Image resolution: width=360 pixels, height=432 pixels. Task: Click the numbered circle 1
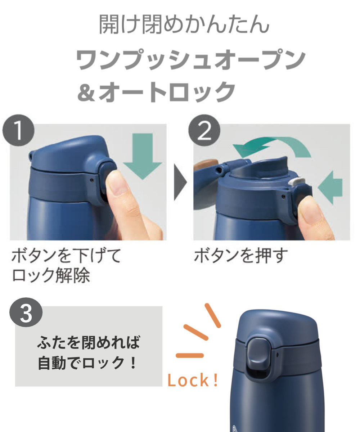[x=18, y=130]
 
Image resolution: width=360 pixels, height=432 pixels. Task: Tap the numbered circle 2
[x=204, y=130]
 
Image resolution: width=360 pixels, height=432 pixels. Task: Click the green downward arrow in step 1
[x=142, y=156]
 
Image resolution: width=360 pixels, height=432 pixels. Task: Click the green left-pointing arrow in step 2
[x=330, y=188]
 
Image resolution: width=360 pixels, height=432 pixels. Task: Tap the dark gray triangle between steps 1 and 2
[x=180, y=182]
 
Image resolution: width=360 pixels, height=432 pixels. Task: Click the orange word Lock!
[x=192, y=380]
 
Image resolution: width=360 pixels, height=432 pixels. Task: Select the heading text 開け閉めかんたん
[x=184, y=24]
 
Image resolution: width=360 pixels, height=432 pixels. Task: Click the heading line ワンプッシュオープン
[x=191, y=60]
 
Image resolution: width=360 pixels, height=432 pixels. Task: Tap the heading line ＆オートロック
[x=156, y=92]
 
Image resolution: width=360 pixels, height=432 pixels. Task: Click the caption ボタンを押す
[x=241, y=256]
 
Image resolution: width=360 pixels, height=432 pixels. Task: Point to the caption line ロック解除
[x=51, y=275]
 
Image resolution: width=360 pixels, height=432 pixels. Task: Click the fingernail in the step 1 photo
[x=114, y=183]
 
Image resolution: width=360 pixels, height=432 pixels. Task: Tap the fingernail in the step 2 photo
[x=309, y=209]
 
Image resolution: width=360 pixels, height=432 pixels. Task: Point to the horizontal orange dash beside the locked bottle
[x=190, y=355]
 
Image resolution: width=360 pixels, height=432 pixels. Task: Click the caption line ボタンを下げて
[x=66, y=255]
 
